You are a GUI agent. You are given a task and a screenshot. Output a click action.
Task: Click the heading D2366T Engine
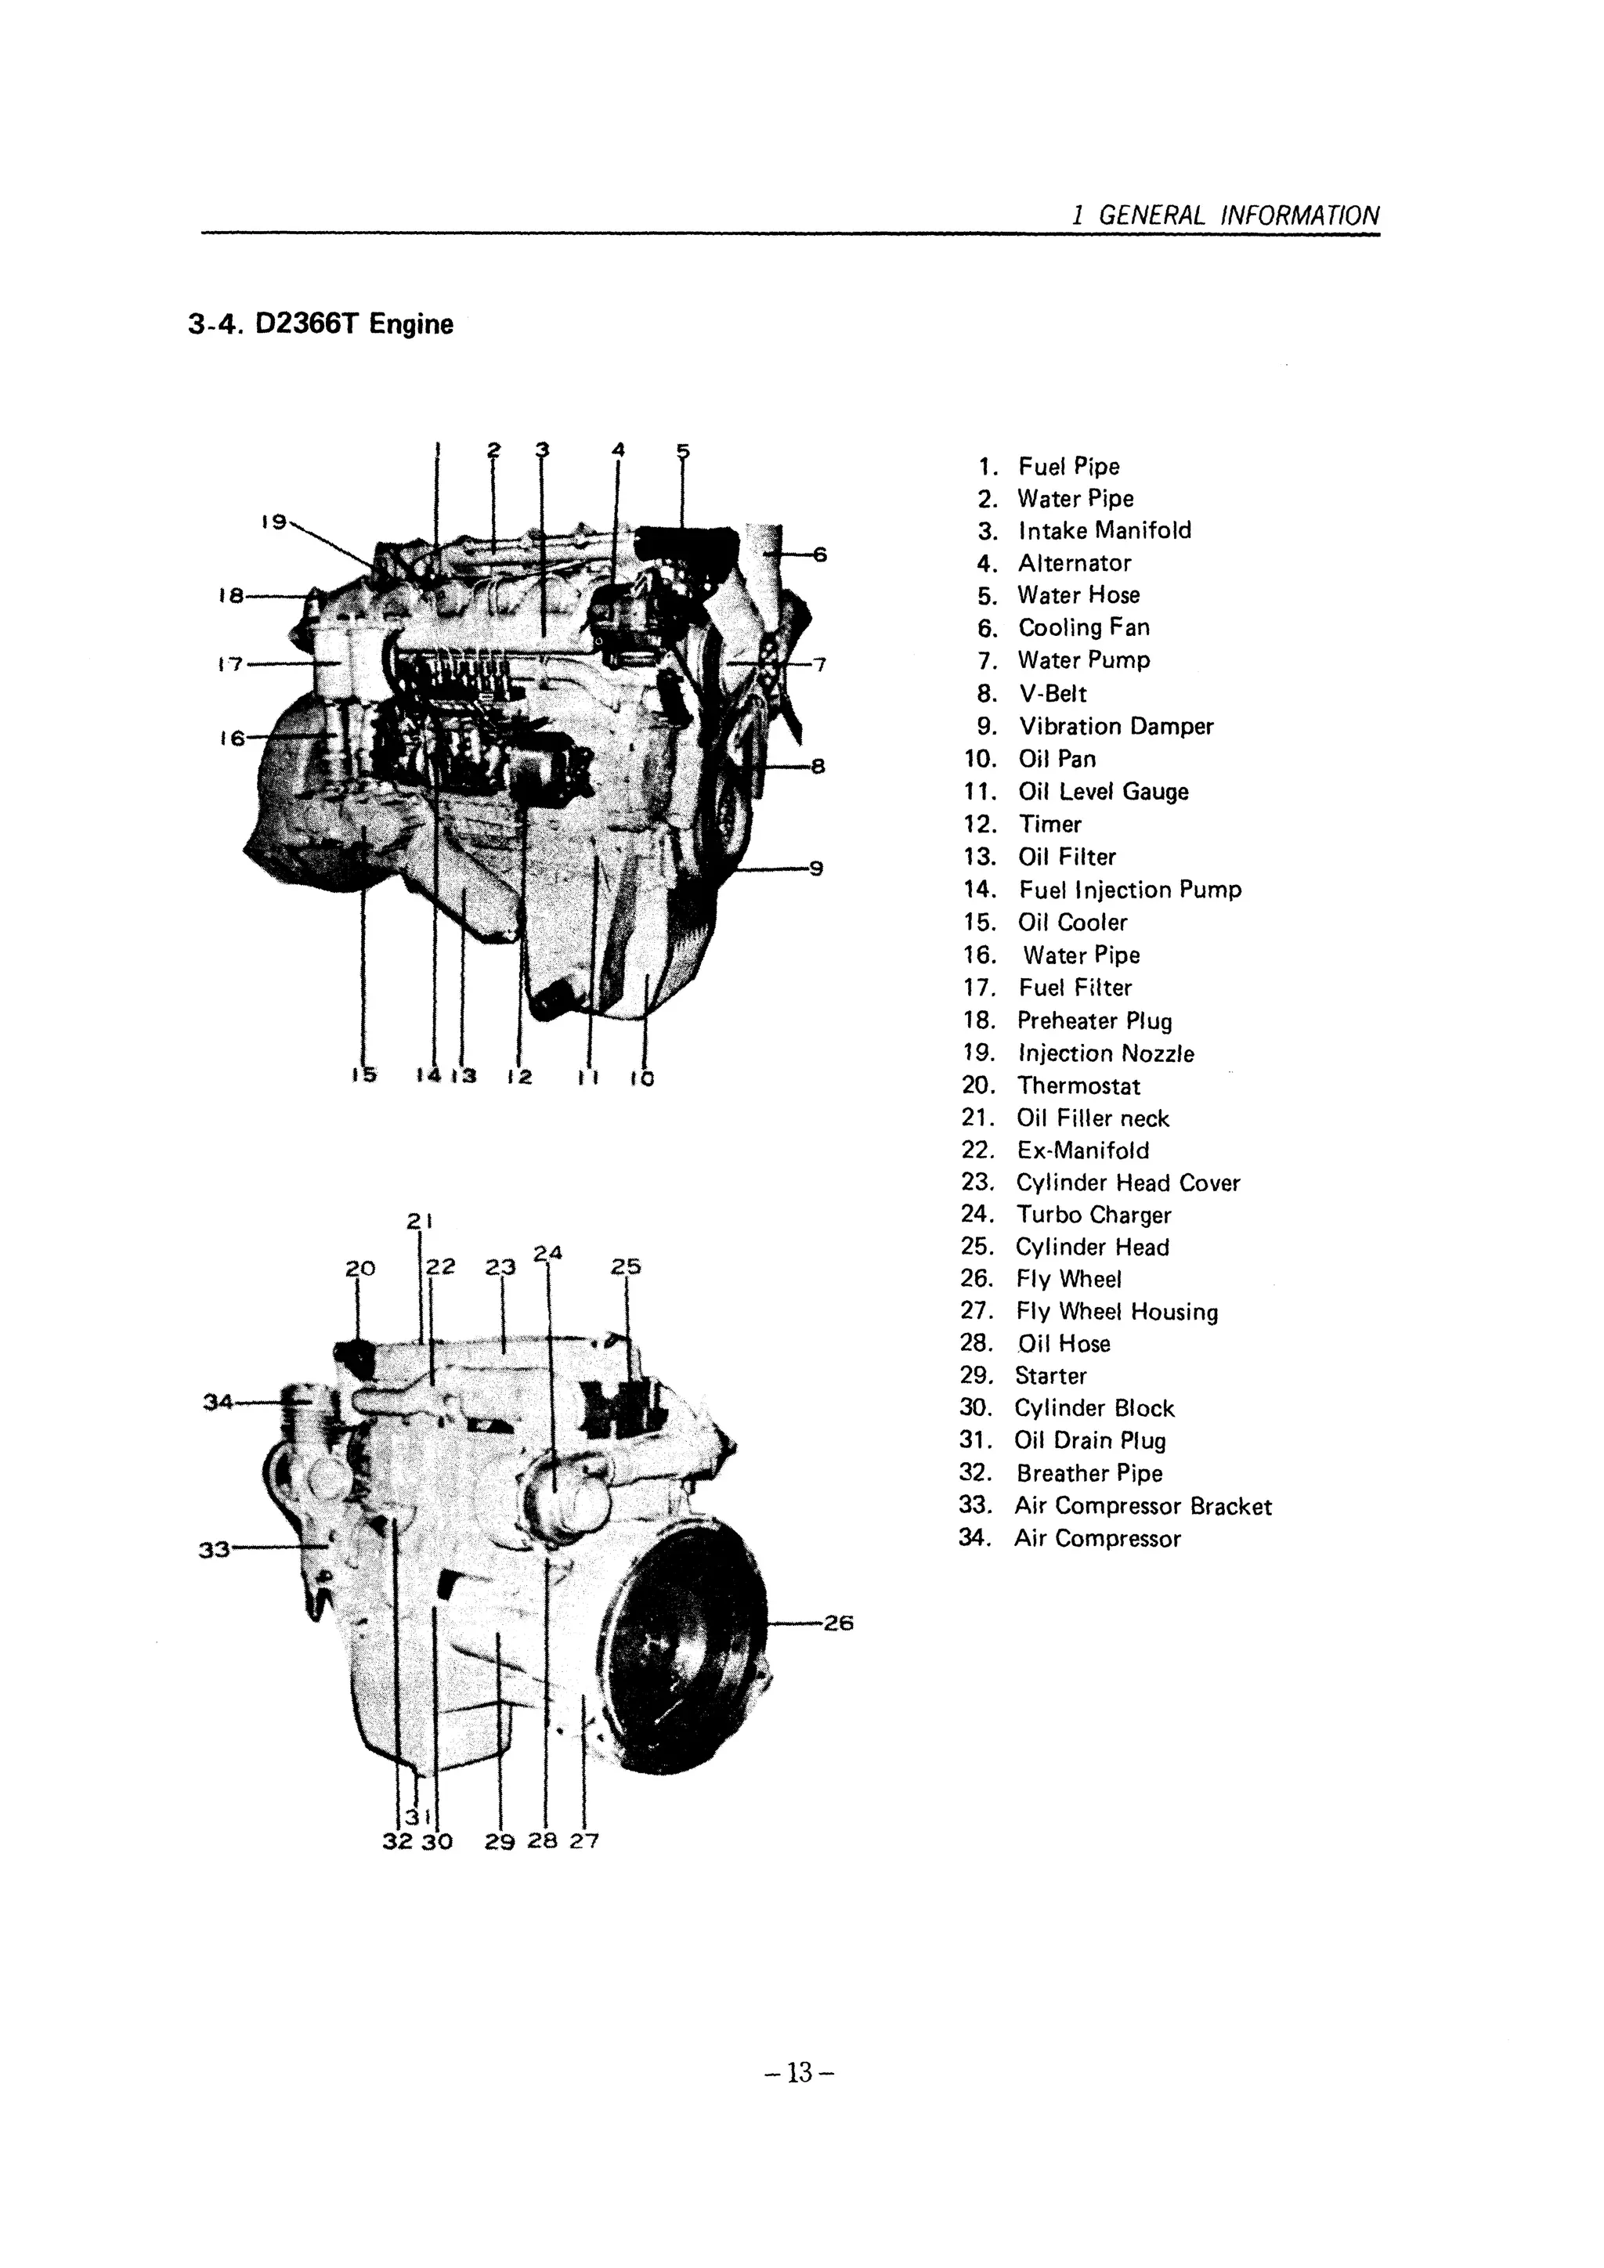coord(321,324)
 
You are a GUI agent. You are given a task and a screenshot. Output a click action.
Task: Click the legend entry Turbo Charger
coord(1093,1215)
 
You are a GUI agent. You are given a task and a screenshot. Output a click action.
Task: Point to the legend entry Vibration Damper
coord(1115,726)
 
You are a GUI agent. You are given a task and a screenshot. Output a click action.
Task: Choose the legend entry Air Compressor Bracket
coord(1143,1505)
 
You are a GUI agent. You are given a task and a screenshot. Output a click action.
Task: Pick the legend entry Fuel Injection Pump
coord(1129,889)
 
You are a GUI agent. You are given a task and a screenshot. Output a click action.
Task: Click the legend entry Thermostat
coord(1078,1085)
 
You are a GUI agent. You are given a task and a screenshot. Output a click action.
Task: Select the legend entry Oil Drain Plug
coord(1090,1440)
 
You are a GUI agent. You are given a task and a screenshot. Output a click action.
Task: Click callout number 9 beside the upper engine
coord(816,869)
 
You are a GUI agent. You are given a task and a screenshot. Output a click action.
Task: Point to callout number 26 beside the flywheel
coord(837,1622)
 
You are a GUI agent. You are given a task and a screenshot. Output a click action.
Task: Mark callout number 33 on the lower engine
coord(215,1549)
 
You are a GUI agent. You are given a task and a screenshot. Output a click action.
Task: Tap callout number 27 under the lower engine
coord(583,1840)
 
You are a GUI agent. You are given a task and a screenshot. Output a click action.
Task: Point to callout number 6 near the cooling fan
coord(818,554)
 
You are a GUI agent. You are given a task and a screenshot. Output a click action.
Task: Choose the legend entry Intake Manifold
coord(1104,530)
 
